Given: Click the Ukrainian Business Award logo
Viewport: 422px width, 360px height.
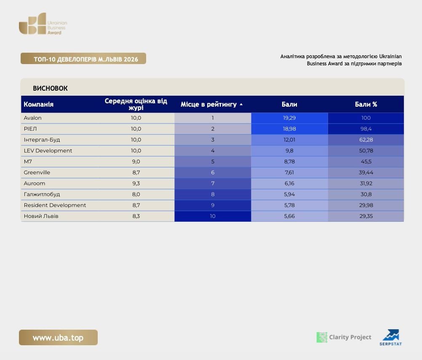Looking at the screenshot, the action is point(43,24).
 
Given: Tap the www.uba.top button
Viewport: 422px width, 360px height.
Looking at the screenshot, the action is point(58,337).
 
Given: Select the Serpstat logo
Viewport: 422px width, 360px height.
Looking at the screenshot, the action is point(390,337).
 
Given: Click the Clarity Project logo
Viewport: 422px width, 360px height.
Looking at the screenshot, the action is point(344,337).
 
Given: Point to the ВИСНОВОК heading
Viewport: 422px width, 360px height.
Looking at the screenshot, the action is point(50,89).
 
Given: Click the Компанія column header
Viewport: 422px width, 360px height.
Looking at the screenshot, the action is point(38,104).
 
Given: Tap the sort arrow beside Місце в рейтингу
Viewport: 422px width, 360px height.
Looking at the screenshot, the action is point(241,104).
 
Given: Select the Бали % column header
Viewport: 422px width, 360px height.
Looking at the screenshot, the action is point(366,104).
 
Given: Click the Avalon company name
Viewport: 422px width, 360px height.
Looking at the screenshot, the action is point(32,118).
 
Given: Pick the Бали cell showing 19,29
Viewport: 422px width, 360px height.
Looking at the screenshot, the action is point(289,118).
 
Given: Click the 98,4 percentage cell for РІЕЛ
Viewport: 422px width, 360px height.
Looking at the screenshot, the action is point(366,129).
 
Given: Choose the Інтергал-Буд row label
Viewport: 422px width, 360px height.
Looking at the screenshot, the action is point(42,140).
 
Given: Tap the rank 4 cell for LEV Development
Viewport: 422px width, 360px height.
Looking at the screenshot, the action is point(213,150).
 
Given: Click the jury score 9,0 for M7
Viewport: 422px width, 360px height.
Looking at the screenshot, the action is point(136,162).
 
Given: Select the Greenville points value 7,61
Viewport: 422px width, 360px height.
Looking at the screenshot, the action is point(289,172).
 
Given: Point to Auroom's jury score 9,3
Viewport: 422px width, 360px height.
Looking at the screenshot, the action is point(136,183).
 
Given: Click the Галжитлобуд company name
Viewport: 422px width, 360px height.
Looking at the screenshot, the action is point(42,194).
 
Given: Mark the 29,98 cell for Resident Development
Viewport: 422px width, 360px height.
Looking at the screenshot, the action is point(366,205).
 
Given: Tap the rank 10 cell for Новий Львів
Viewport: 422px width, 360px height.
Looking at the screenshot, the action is point(213,216).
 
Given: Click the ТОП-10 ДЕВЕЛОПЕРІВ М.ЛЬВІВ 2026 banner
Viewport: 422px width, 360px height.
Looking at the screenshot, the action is point(83,59).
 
